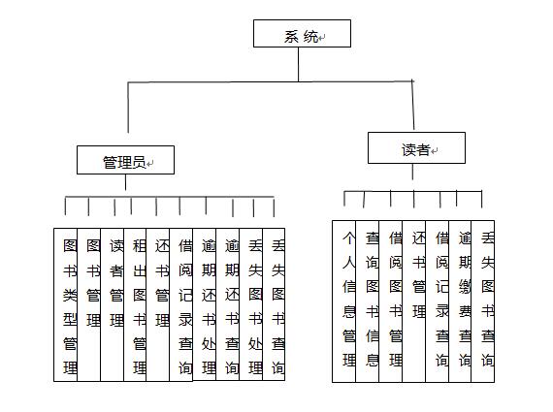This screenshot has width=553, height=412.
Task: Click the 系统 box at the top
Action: click(302, 34)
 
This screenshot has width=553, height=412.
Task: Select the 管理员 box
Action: click(125, 160)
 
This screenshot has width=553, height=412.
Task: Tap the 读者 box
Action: click(416, 148)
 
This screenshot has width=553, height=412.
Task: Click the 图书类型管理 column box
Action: click(66, 304)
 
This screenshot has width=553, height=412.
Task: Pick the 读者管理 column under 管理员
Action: click(113, 304)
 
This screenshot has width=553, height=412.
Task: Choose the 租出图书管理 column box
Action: click(135, 304)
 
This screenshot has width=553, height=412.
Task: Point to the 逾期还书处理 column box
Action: click(205, 304)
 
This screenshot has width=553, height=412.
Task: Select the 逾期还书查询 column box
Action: click(228, 304)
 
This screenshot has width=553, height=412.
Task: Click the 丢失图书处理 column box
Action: click(251, 304)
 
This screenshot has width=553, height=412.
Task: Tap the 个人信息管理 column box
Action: click(343, 301)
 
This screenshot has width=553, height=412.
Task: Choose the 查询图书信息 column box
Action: click(367, 301)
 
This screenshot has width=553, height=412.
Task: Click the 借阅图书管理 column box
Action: click(391, 301)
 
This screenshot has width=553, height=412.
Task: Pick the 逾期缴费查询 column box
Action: click(460, 301)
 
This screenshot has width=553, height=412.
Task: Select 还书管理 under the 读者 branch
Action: click(414, 301)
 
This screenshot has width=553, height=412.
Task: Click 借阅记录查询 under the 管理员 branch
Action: click(181, 304)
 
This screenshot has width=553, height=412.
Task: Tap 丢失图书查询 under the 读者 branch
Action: click(483, 301)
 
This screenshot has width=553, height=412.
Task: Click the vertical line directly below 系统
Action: click(299, 65)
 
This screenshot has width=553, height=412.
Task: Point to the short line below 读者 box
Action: click(412, 172)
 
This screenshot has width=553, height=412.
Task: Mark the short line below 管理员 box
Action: click(125, 182)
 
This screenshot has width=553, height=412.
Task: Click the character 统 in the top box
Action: click(310, 36)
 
